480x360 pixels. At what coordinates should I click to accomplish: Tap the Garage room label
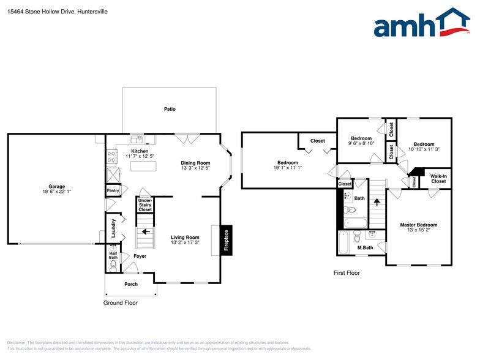[x=56, y=187]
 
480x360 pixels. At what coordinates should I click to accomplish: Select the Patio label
[x=170, y=109]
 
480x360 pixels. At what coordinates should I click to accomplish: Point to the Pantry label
[x=113, y=190]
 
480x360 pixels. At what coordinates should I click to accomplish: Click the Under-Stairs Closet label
[x=145, y=204]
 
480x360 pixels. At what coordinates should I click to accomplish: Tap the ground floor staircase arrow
[x=144, y=232]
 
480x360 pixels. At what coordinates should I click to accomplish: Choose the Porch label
[x=131, y=284]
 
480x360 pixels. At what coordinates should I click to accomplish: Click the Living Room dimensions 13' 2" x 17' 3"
[x=185, y=243]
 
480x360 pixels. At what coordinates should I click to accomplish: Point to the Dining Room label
[x=195, y=163]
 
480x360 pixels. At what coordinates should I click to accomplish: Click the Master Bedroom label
[x=419, y=225]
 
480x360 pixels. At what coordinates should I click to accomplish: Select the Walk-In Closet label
[x=438, y=179]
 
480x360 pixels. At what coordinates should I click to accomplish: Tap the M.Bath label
[x=366, y=247]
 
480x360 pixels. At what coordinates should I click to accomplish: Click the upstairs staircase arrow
[x=377, y=202]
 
